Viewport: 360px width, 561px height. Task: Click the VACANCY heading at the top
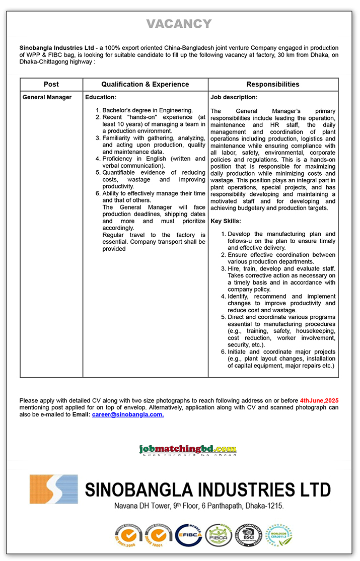click(x=179, y=24)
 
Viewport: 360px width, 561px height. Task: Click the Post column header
click(x=51, y=84)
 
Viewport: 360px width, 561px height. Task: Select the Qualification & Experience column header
click(x=145, y=84)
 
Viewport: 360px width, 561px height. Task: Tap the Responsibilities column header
click(x=273, y=84)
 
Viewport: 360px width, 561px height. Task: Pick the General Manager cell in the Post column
click(x=47, y=97)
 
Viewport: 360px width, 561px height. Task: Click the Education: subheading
click(x=101, y=97)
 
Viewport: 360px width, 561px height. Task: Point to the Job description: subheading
click(x=234, y=97)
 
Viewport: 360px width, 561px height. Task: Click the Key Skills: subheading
click(x=226, y=221)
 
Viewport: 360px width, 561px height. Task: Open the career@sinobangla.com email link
click(x=128, y=414)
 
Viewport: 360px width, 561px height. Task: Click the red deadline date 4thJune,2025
click(x=319, y=400)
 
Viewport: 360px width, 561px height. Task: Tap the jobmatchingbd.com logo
click(x=188, y=449)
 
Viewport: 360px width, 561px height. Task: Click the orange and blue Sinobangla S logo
click(x=53, y=489)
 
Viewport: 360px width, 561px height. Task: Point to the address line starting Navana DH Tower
click(x=199, y=506)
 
